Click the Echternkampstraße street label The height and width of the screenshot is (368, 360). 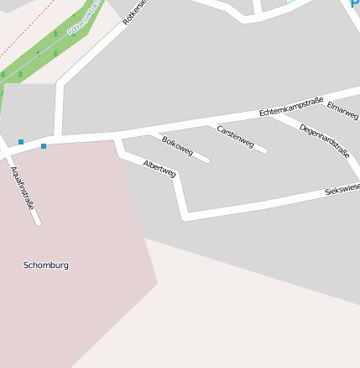pyautogui.click(x=291, y=106)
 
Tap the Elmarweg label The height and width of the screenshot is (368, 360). pyautogui.click(x=342, y=109)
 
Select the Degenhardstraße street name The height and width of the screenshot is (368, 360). pyautogui.click(x=324, y=140)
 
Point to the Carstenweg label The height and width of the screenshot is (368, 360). pyautogui.click(x=235, y=137)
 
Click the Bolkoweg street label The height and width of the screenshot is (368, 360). pyautogui.click(x=178, y=145)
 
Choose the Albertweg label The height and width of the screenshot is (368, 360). pyautogui.click(x=159, y=168)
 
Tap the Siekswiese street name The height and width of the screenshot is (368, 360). pyautogui.click(x=342, y=190)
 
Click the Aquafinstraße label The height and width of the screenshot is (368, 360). pyautogui.click(x=22, y=187)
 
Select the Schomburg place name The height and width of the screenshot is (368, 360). pyautogui.click(x=46, y=265)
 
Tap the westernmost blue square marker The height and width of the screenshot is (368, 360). pyautogui.click(x=21, y=142)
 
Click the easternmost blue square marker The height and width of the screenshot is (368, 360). pyautogui.click(x=44, y=146)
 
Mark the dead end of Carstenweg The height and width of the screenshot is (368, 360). pyautogui.click(x=264, y=151)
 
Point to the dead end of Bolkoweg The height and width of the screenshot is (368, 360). pyautogui.click(x=206, y=160)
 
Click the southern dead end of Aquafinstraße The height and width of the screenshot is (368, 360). pyautogui.click(x=37, y=223)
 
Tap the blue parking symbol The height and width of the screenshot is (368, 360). pyautogui.click(x=354, y=3)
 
